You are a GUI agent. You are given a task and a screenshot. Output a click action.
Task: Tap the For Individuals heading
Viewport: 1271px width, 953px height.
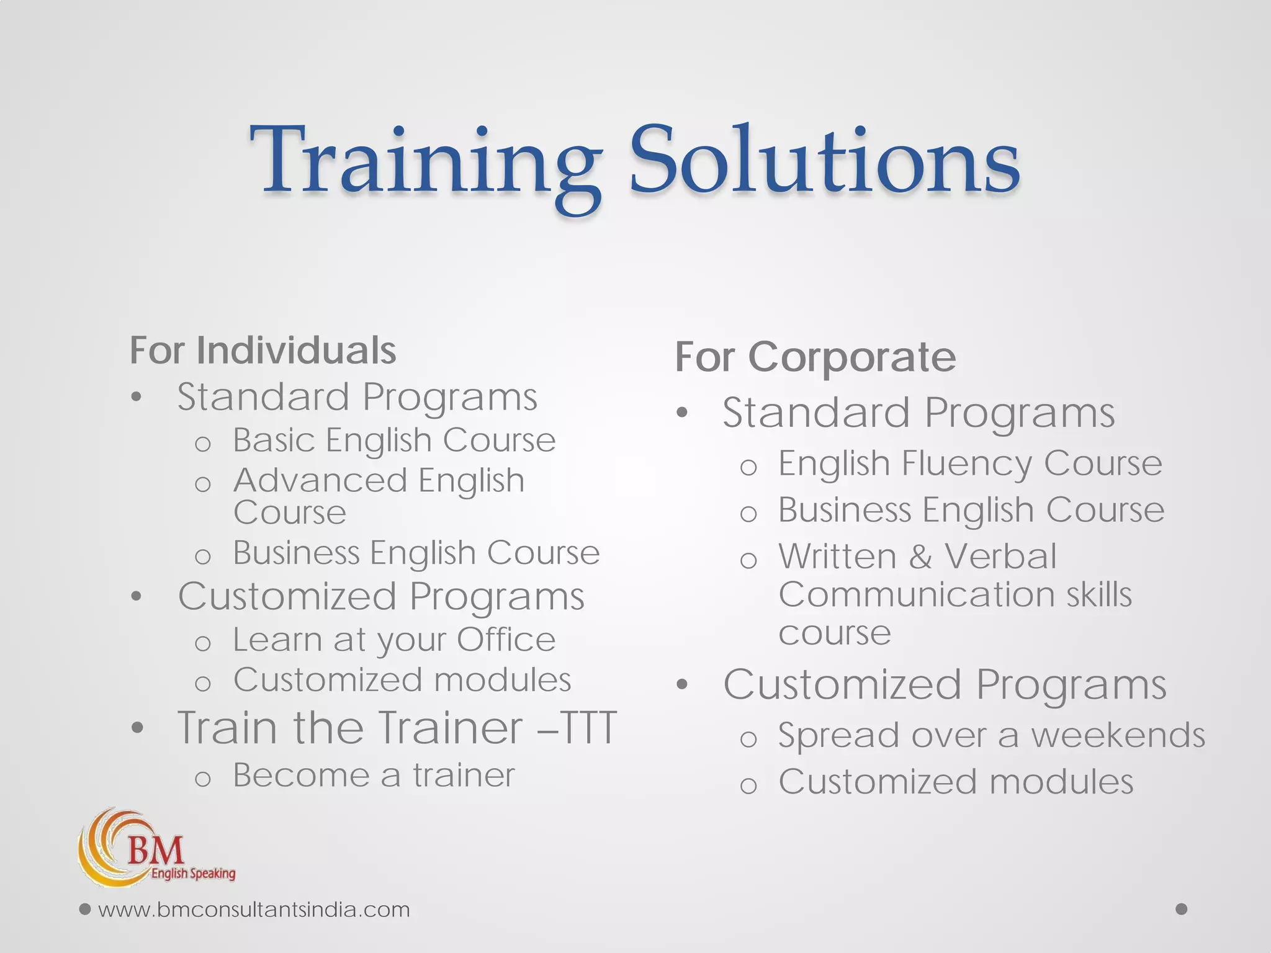[x=263, y=351]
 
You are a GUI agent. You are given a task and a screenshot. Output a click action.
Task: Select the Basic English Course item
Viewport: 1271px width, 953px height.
[x=393, y=441]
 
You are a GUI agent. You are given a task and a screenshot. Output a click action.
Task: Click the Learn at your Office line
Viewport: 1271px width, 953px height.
[x=393, y=640]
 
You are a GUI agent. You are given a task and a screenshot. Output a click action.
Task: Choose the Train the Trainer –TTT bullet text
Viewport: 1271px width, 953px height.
[x=397, y=727]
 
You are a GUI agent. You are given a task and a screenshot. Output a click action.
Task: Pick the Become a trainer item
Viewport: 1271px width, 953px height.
[x=374, y=775]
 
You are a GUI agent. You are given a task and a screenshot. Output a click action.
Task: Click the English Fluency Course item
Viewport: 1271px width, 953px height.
[x=969, y=463]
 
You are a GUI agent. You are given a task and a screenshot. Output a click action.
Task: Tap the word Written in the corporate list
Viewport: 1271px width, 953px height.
[x=837, y=556]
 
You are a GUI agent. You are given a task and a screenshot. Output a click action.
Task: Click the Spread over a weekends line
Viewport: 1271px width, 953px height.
[x=991, y=736]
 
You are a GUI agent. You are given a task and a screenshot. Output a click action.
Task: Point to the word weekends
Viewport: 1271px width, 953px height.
[x=1118, y=736]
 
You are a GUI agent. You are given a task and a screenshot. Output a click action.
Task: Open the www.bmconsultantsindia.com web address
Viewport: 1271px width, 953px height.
[x=254, y=910]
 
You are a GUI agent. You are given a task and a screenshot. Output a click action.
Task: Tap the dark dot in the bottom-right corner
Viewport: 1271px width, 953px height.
[x=1182, y=909]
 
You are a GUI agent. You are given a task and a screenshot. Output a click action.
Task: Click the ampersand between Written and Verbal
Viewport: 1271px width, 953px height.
[x=920, y=557]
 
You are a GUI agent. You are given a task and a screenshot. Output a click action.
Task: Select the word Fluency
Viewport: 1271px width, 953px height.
[x=966, y=463]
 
